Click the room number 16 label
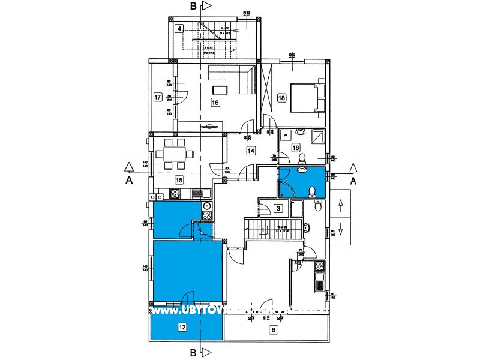(x=215, y=103)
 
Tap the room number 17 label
(x=158, y=97)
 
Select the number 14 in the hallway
(x=250, y=151)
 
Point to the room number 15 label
(x=179, y=179)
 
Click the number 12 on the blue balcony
(x=182, y=327)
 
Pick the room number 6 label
(x=273, y=329)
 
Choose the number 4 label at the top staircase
(x=179, y=28)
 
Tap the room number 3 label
(x=278, y=209)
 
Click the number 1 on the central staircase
(x=262, y=229)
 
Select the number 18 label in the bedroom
(x=281, y=97)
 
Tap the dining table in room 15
(x=175, y=155)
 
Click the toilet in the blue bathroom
(x=311, y=191)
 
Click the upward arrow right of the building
(x=341, y=205)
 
